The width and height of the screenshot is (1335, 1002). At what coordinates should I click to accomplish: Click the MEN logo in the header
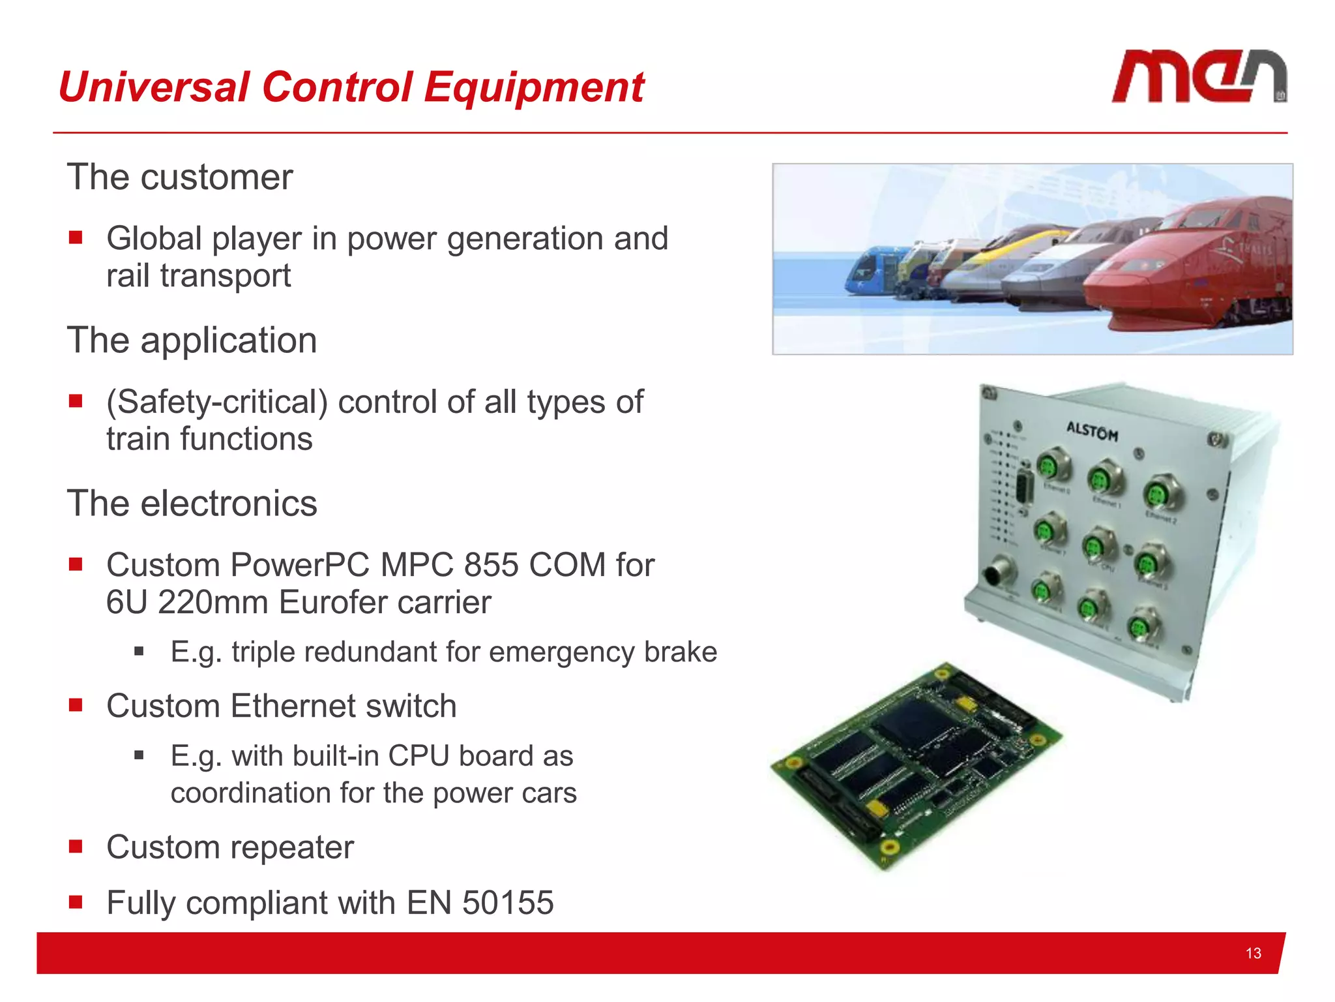[1198, 76]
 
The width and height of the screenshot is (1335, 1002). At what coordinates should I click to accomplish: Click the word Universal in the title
[154, 87]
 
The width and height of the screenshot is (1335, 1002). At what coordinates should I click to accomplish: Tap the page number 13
[1253, 953]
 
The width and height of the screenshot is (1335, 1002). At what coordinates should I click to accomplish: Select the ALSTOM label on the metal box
[1092, 431]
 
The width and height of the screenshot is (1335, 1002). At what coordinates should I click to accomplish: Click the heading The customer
[180, 177]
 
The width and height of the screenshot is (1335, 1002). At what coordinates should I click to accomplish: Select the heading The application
[192, 341]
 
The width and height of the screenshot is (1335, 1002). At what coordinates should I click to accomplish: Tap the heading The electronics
[192, 504]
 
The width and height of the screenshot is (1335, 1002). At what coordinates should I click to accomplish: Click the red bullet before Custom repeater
[76, 846]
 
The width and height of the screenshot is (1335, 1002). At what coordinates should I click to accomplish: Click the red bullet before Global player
[76, 237]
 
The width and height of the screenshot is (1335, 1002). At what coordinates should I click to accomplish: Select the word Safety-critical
[217, 402]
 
